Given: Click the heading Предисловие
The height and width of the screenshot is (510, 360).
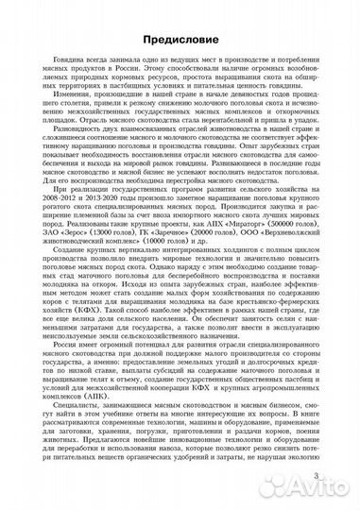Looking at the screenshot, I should (180, 41).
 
